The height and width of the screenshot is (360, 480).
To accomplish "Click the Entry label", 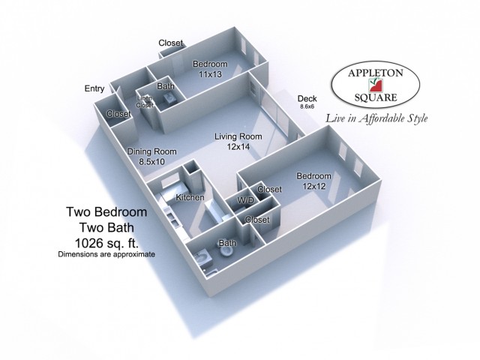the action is [94, 88].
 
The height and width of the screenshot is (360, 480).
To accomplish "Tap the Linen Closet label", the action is [145, 102].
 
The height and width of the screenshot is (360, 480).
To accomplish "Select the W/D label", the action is [246, 200].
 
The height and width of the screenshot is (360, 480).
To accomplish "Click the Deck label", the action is [307, 98].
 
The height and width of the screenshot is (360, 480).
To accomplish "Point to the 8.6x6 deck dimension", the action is [307, 106].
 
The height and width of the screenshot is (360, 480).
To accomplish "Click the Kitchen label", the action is [190, 197].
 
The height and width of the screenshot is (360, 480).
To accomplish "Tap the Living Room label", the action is [238, 136].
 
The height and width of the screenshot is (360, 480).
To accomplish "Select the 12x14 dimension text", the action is [238, 147].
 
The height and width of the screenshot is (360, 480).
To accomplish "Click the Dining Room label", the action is [151, 151].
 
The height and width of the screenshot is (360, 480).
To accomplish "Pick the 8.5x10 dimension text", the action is [151, 162].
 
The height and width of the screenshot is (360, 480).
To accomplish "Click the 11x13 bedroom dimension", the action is [210, 74].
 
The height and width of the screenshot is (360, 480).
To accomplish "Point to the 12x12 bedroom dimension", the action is [314, 186].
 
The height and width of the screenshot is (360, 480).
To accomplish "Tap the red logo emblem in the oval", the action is [376, 85].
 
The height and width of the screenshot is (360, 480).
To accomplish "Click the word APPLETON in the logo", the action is [376, 73].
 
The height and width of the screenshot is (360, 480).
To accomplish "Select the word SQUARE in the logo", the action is [376, 97].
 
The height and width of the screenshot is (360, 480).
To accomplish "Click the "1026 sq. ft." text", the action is [106, 243].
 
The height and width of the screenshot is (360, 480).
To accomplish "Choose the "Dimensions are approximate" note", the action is [106, 254].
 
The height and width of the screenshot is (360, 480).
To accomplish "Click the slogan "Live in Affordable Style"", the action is [376, 118].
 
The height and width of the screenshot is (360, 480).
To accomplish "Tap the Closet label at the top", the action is [170, 43].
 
